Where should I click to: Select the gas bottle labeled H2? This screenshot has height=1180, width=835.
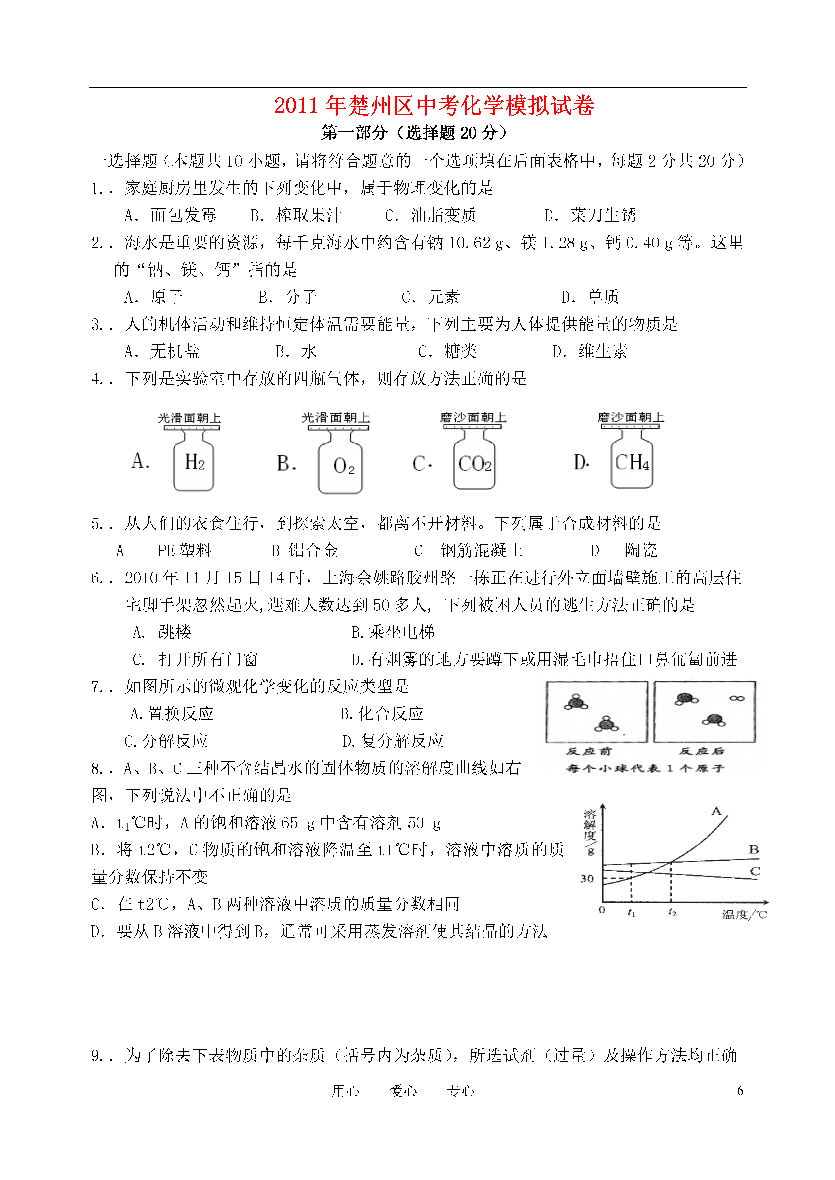[194, 461]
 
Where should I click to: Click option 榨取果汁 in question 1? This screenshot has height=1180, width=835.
[309, 215]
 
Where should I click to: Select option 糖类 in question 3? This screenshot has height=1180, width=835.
[460, 352]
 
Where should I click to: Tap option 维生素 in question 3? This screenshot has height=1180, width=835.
[603, 352]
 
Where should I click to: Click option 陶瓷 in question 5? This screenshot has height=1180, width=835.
[641, 551]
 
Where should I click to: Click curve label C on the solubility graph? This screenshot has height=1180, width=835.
[754, 871]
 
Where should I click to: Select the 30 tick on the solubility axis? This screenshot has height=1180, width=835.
[587, 879]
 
